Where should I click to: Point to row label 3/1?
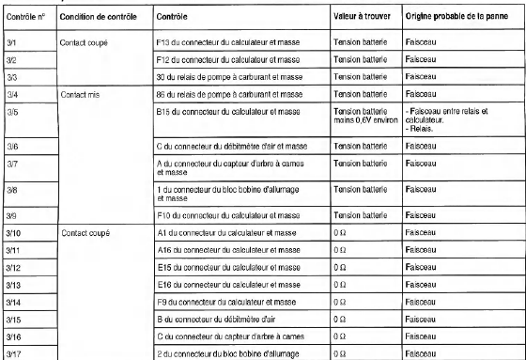coord(12,43)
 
